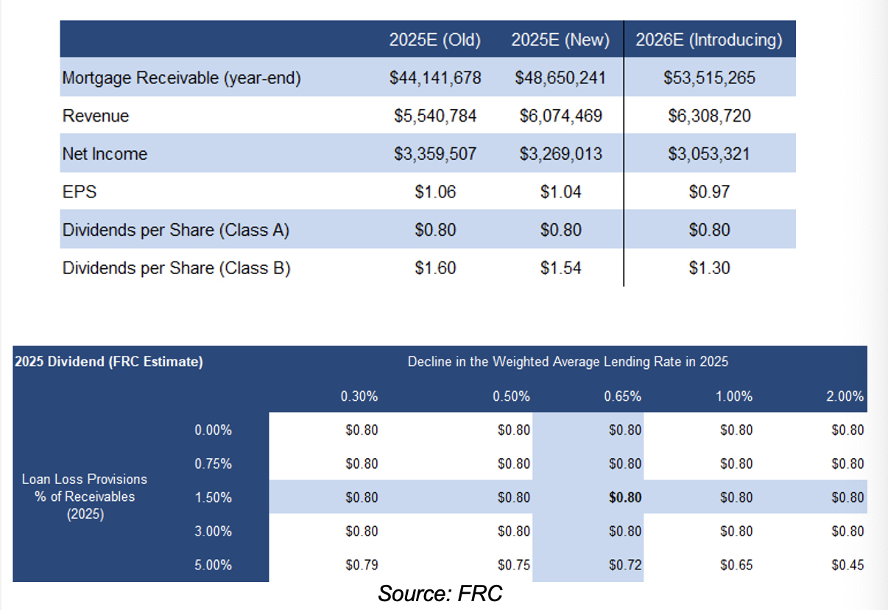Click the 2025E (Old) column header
coord(435,41)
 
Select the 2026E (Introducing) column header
coord(709,41)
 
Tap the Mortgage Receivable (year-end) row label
coord(182,78)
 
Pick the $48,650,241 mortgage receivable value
coord(560,78)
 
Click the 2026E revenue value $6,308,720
coord(709,116)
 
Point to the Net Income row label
coord(105,154)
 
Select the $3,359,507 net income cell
coord(435,154)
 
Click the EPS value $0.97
coord(709,192)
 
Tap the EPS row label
coord(80,192)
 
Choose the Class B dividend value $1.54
coord(560,268)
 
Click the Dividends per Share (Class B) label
coord(177,268)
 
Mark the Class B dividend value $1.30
coord(709,268)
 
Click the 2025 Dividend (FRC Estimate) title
coord(109,362)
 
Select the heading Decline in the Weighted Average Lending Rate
coord(568,362)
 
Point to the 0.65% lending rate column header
coord(622,396)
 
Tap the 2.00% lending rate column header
coord(845,396)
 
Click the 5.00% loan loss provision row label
coord(214,565)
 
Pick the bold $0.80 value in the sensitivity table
coord(625,497)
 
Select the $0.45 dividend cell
coord(848,565)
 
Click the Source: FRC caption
coord(440,593)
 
